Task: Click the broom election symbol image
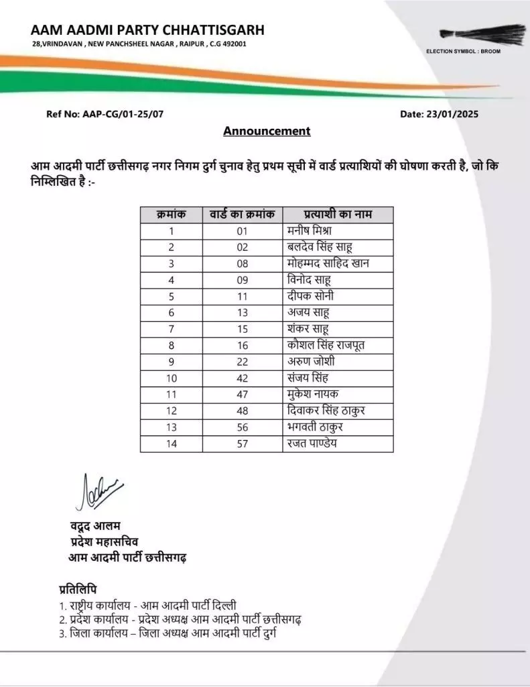pos(483,34)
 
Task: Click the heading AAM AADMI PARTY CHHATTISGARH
pos(147,30)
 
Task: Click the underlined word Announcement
pos(267,131)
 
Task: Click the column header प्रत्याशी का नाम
pos(338,215)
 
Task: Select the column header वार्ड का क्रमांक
pos(242,215)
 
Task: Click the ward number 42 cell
pos(242,378)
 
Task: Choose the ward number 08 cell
pos(242,264)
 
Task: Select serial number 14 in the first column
pos(171,444)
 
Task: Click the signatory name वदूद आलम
pos(94,525)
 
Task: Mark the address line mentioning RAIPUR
pos(139,44)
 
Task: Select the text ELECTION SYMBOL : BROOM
pos(463,51)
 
